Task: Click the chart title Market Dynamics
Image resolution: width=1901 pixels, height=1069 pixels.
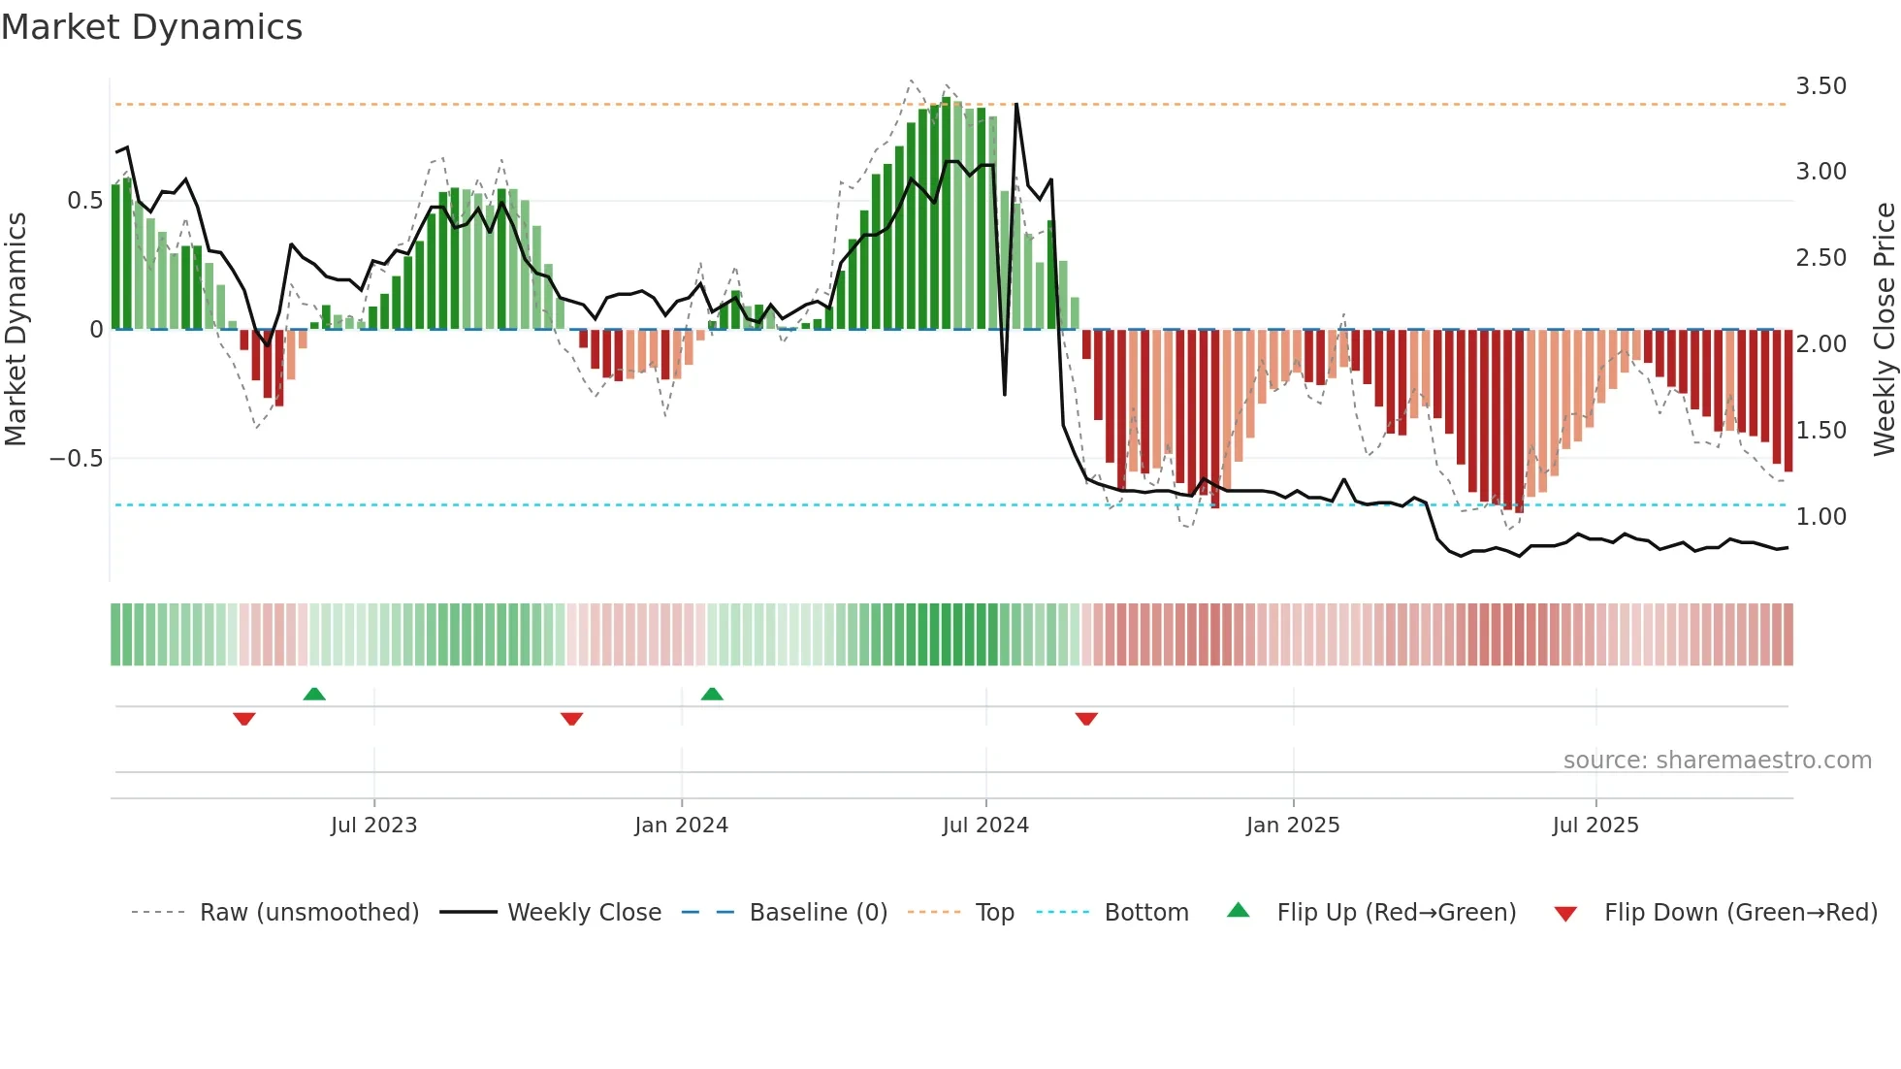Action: (152, 27)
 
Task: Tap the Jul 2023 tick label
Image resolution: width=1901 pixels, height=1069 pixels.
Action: (373, 826)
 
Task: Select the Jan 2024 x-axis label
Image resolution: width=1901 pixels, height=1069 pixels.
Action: (681, 826)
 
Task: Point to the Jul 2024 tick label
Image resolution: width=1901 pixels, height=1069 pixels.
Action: (985, 826)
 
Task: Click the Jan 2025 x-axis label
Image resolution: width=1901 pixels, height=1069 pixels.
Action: (1293, 826)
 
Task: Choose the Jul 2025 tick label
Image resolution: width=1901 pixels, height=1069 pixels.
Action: (1595, 826)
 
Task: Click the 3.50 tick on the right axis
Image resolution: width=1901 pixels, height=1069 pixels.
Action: (1821, 86)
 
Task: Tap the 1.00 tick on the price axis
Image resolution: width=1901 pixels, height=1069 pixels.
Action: (1821, 517)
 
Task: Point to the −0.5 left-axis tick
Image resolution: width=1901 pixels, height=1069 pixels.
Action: (76, 459)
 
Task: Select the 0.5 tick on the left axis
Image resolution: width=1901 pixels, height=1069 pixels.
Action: (84, 201)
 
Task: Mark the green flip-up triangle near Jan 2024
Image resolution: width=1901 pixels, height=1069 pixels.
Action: (712, 695)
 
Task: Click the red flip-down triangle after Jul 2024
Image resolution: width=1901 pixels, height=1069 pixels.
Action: (1086, 719)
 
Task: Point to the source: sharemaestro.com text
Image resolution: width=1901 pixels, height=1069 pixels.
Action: (1717, 761)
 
